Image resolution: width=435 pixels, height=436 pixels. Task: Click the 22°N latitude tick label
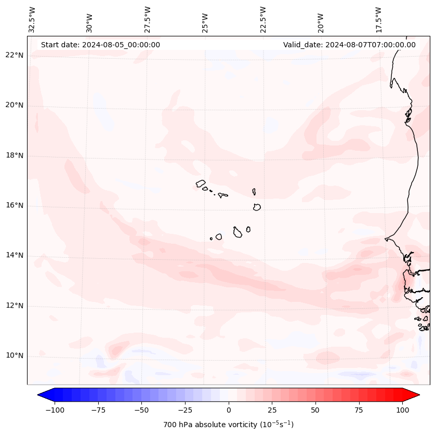click(x=15, y=55)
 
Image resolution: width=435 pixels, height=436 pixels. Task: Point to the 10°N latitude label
click(x=15, y=356)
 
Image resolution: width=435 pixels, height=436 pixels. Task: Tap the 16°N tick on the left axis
click(x=15, y=206)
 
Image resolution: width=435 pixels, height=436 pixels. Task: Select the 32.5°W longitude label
click(x=32, y=20)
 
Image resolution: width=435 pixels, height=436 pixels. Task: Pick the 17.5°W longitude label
click(x=378, y=20)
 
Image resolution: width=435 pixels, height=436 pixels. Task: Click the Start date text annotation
click(x=100, y=45)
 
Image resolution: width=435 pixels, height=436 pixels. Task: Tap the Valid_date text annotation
click(x=349, y=45)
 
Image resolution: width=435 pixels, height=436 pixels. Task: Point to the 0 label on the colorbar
click(x=229, y=410)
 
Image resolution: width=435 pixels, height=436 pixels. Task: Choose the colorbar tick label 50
click(x=315, y=410)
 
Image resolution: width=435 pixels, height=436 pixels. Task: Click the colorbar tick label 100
click(x=402, y=410)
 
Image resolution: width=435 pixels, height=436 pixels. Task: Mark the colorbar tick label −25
click(x=184, y=410)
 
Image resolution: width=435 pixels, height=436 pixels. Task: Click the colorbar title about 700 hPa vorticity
click(x=229, y=425)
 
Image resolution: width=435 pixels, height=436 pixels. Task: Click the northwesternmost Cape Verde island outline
click(x=201, y=183)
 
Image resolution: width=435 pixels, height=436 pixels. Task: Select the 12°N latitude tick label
click(x=15, y=306)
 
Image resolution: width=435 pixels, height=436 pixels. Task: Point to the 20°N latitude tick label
click(x=15, y=105)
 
